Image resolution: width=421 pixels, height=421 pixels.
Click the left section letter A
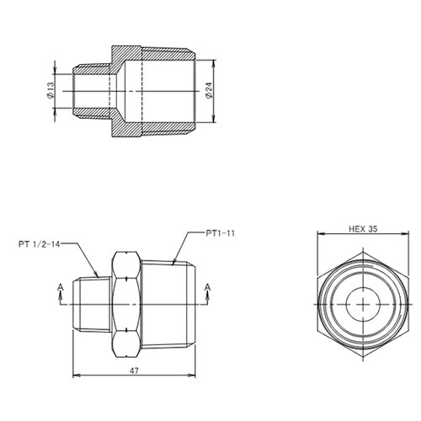coord(60,287)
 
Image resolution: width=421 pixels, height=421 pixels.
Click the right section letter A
coord(207,287)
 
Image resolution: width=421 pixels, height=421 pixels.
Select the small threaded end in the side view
coord(90,301)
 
